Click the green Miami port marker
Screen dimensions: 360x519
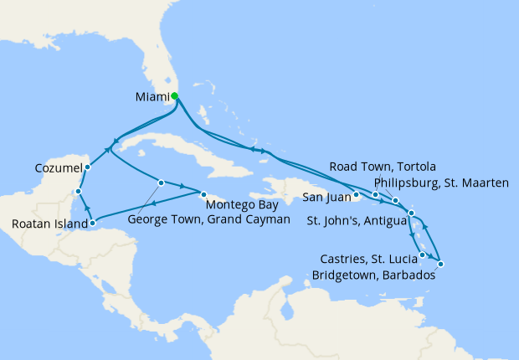click(174, 96)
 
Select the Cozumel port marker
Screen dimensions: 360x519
click(88, 167)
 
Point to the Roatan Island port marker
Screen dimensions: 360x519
click(92, 223)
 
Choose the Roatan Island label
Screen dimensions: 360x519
click(49, 224)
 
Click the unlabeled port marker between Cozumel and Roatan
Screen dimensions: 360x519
click(77, 192)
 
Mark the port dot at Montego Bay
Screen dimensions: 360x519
click(203, 193)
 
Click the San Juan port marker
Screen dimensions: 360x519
click(356, 196)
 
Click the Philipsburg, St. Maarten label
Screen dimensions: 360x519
click(440, 181)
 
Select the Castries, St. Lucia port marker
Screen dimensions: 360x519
click(423, 255)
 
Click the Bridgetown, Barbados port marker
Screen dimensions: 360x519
click(440, 265)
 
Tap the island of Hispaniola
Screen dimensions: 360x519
click(285, 186)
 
